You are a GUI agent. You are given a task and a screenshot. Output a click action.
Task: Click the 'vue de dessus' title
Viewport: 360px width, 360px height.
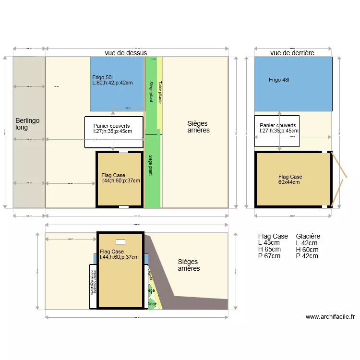[126, 53]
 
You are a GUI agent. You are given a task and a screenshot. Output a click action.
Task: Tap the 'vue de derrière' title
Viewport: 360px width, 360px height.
[292, 53]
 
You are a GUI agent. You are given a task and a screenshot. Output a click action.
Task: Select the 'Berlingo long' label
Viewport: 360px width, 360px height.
[27, 124]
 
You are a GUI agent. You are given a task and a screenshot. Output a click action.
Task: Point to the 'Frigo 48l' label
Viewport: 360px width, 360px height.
[279, 80]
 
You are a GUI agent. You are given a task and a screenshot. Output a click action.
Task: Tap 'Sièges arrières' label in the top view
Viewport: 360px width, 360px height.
[198, 127]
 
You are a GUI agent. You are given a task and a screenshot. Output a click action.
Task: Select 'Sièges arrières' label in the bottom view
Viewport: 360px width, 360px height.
[189, 265]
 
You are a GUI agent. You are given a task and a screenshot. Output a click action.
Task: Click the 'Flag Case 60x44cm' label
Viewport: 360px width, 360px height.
[290, 179]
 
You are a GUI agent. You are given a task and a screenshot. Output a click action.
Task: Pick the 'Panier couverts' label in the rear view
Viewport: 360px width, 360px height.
[278, 128]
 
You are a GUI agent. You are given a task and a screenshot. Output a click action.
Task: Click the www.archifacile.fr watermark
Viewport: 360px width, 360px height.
[330, 317]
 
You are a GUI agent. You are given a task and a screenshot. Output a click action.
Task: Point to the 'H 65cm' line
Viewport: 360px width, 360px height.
[269, 250]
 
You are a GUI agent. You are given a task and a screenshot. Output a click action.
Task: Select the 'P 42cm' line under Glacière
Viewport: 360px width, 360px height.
[307, 256]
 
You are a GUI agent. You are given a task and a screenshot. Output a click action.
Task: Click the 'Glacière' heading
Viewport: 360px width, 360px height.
[308, 236]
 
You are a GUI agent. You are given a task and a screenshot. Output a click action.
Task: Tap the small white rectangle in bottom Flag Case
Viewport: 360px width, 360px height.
[120, 242]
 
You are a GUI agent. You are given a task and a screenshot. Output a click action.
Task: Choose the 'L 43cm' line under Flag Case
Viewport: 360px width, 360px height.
[269, 243]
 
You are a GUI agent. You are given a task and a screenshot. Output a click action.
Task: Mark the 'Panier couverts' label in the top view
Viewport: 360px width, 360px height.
[112, 128]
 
